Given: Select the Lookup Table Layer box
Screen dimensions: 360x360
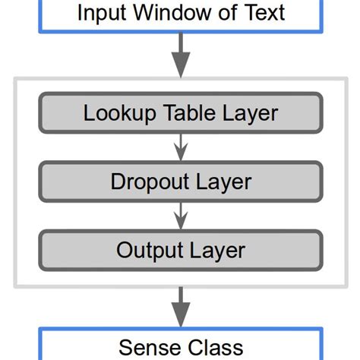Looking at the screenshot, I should [180, 114].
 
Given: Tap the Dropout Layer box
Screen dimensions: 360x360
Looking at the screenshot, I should [180, 182].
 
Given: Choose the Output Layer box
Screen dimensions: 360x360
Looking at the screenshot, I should [180, 250].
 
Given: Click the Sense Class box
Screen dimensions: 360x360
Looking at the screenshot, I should [180, 346].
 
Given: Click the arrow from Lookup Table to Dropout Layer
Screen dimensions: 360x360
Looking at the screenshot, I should [180, 148].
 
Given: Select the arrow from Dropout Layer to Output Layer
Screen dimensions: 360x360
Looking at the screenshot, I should [180, 216].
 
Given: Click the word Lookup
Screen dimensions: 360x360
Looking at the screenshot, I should [118, 114].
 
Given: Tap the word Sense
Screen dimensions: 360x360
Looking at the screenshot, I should [147, 347].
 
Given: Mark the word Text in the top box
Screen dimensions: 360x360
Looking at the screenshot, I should [261, 13].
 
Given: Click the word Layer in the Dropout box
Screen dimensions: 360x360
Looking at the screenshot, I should [221, 183].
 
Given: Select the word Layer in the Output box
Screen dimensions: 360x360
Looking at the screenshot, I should [217, 251].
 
